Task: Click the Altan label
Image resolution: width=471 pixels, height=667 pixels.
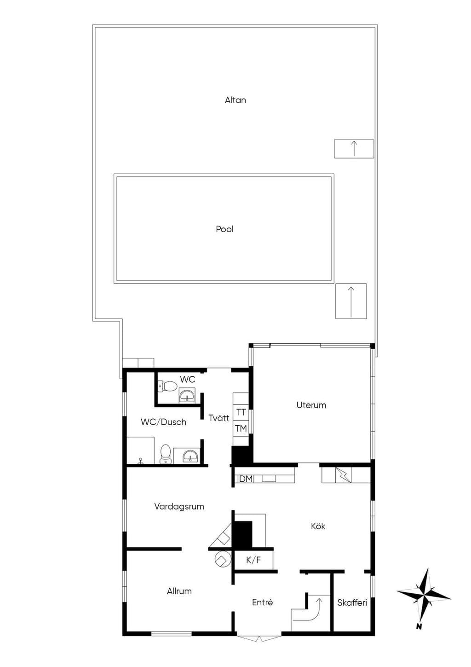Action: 235,100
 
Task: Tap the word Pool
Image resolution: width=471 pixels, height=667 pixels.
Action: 224,229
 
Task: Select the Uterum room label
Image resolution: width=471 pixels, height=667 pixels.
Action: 311,405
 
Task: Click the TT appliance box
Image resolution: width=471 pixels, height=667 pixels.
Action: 241,412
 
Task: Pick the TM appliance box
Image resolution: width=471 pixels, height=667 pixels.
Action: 241,428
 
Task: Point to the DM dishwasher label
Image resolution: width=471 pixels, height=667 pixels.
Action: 246,479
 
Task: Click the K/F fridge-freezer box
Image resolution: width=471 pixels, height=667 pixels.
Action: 253,561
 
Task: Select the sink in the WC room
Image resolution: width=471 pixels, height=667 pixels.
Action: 187,395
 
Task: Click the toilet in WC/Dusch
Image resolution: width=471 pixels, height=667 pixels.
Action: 166,454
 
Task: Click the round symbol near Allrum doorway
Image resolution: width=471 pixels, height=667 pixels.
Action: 223,560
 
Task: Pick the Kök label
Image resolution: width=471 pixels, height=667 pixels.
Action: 318,526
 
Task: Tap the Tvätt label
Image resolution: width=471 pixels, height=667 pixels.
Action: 219,418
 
